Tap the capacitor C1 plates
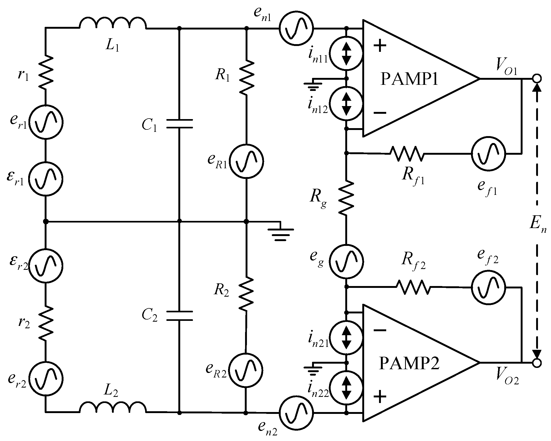[x=179, y=124]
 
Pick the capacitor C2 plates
[x=179, y=316]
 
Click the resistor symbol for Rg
[x=346, y=198]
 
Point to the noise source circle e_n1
[x=296, y=28]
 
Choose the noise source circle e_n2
[x=296, y=420]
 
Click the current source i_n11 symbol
[x=346, y=53]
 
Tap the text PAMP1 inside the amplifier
[x=409, y=79]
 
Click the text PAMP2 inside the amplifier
[x=409, y=363]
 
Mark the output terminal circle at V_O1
[x=537, y=79]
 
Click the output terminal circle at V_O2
[x=537, y=363]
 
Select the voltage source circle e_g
[x=346, y=261]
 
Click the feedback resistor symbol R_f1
[x=407, y=153]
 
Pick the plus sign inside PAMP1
[x=380, y=46]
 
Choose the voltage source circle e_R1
[x=246, y=161]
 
